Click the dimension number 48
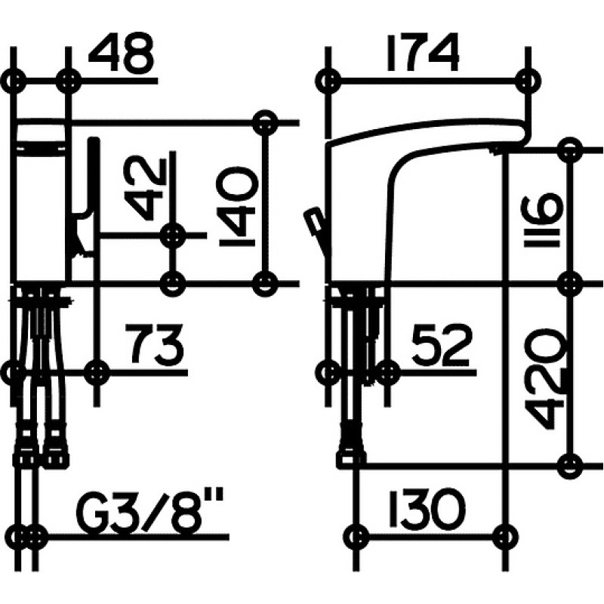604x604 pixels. click(x=122, y=53)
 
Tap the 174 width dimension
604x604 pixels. click(x=423, y=53)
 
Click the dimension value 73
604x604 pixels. click(x=156, y=344)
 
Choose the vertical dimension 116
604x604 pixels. click(x=544, y=221)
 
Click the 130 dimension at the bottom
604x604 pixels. click(x=427, y=509)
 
